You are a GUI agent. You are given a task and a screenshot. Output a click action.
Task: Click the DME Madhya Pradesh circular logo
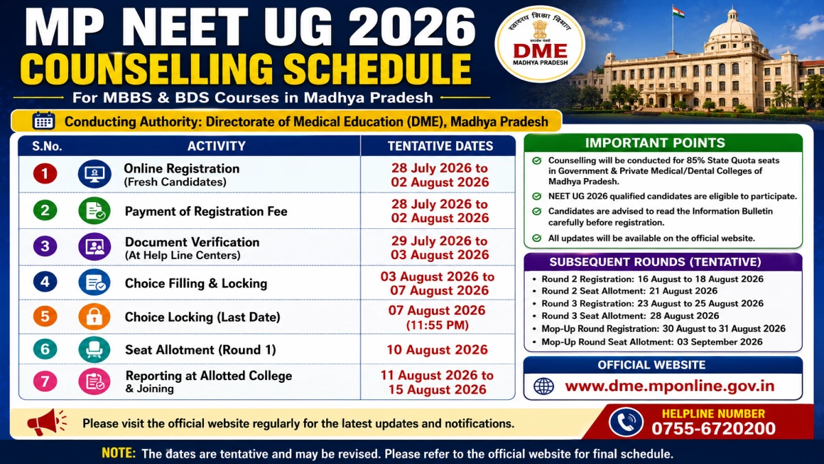point(540,44)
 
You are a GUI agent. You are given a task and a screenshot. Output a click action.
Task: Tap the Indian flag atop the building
point(678,12)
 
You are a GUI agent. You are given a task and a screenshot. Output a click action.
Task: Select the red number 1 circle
point(45,173)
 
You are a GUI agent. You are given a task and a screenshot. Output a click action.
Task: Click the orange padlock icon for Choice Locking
point(94,317)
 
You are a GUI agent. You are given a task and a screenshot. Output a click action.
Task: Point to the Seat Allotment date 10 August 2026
point(437,349)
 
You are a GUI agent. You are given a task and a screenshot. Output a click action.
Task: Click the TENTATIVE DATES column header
point(440,146)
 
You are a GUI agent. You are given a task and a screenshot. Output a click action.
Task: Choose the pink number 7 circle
point(45,381)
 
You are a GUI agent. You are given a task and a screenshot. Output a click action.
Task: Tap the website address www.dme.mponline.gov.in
point(669,386)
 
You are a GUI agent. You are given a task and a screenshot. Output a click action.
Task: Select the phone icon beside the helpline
point(626,422)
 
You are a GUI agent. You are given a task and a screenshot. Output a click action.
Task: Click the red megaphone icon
point(47,422)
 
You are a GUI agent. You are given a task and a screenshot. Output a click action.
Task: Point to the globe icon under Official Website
point(544,386)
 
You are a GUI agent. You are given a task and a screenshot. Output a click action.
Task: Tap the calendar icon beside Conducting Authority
point(44,121)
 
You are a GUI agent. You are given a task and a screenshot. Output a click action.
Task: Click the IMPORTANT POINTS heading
point(655,143)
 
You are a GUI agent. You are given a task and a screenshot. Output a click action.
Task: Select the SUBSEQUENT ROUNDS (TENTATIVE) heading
point(655,262)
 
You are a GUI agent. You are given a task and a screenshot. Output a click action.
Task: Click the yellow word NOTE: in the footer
point(118,453)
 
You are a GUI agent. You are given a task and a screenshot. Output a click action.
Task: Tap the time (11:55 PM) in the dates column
point(437,325)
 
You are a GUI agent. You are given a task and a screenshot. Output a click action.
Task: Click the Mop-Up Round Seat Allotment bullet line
point(652,342)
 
